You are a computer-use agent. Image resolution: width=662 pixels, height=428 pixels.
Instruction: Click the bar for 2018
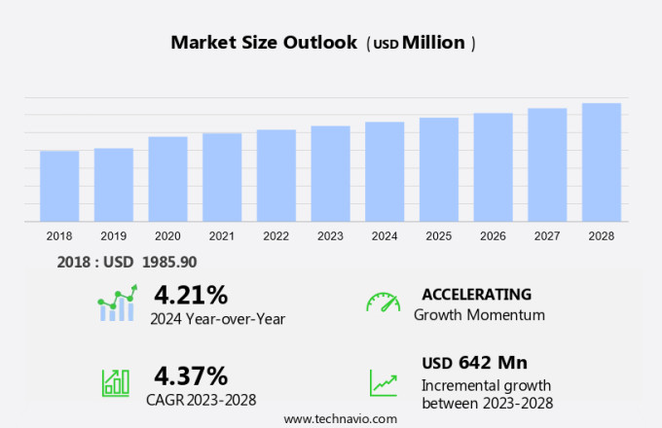[x=59, y=186]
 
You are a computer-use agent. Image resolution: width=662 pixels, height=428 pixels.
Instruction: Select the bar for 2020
[x=167, y=179]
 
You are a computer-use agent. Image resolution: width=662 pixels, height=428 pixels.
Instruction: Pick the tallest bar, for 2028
[x=602, y=162]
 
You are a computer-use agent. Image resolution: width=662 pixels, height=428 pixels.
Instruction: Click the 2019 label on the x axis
[x=113, y=235]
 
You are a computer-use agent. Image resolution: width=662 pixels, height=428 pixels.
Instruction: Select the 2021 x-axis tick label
[x=222, y=235]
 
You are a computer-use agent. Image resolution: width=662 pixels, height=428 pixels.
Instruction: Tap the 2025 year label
[x=439, y=235]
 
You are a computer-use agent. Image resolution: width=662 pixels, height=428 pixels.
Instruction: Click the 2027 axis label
[x=547, y=235]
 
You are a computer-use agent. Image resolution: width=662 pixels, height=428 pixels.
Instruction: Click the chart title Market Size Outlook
[x=263, y=43]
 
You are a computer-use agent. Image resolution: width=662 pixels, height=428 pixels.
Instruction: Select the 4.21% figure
[x=191, y=295]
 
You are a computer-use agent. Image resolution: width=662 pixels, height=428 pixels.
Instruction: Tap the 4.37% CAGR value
[x=191, y=375]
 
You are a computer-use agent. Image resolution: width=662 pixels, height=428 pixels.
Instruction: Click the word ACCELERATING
[x=476, y=295]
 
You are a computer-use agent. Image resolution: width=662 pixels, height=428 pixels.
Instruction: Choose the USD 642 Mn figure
[x=474, y=363]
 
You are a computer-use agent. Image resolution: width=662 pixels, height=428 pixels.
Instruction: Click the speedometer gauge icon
[x=383, y=303]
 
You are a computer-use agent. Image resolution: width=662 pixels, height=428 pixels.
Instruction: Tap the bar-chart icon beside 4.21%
[x=118, y=303]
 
